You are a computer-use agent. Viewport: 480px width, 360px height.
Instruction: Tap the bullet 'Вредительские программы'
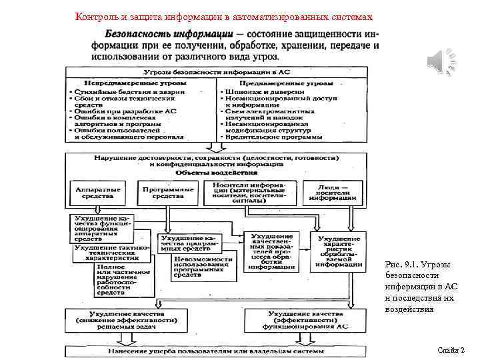point(272,136)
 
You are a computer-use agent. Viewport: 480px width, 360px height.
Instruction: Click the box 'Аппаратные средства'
point(99,193)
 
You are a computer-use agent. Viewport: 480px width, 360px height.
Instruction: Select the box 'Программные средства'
point(168,193)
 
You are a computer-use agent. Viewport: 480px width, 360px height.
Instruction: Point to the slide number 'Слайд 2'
point(451,350)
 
